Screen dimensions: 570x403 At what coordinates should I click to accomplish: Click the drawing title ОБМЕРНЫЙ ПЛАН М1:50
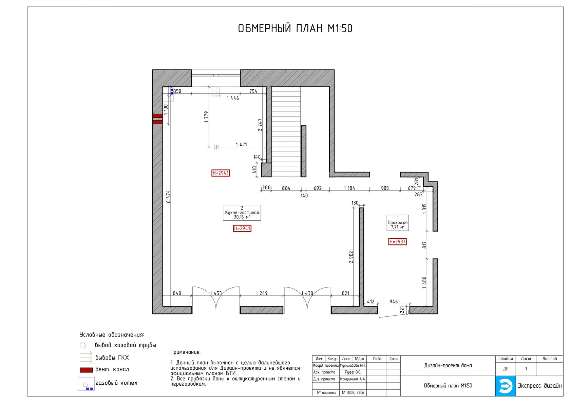[295, 29]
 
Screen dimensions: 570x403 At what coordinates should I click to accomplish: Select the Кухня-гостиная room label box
[242, 213]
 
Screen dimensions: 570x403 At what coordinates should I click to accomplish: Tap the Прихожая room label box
[398, 223]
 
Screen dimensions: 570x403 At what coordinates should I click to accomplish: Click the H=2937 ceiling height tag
[398, 242]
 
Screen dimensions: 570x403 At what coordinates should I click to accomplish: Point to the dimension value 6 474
[168, 197]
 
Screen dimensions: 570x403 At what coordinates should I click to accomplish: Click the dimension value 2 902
[351, 257]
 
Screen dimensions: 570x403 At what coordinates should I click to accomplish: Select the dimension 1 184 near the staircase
[349, 188]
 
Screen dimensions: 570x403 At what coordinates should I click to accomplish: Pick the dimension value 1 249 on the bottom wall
[262, 293]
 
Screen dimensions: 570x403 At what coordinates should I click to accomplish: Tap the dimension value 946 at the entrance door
[394, 302]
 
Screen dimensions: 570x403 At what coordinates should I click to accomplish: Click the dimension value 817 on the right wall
[424, 245]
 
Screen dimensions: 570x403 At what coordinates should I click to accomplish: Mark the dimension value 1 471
[241, 145]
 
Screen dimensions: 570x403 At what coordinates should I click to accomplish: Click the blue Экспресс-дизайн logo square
[506, 386]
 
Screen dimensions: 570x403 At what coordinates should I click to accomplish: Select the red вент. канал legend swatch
[86, 370]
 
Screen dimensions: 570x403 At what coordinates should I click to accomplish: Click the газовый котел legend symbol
[86, 384]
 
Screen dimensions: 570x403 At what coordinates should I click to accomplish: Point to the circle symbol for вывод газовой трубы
[82, 346]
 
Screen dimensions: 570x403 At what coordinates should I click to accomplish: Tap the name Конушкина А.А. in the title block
[353, 379]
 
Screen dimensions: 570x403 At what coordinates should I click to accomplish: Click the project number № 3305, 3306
[353, 392]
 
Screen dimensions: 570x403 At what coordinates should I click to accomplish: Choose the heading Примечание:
[185, 352]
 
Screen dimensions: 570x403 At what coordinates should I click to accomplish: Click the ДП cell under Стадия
[506, 369]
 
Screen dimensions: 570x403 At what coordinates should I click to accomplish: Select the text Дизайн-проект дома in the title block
[448, 366]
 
